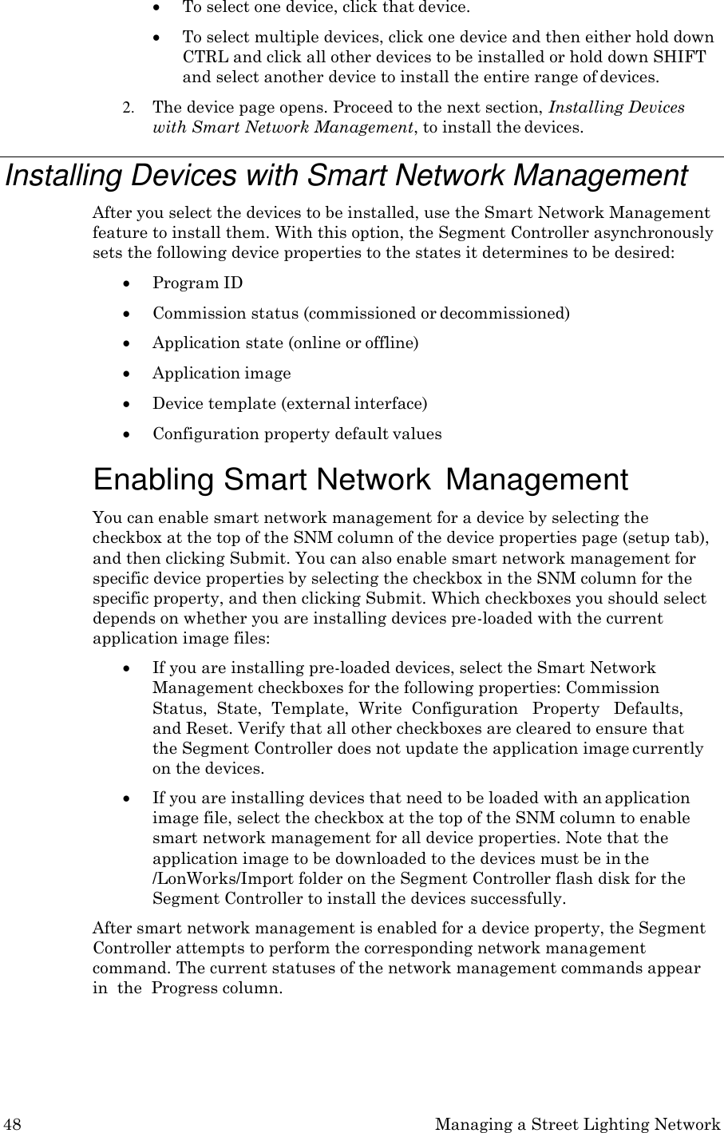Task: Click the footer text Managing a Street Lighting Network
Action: point(578,1124)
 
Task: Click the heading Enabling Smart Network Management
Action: point(360,480)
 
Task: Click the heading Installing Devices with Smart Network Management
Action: point(346,176)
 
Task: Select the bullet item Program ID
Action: point(197,283)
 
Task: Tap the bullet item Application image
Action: point(221,373)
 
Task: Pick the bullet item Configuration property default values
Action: point(296,434)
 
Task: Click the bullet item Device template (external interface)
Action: point(289,403)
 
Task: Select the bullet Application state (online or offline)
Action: point(285,343)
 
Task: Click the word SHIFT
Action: point(684,57)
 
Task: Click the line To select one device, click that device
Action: point(326,8)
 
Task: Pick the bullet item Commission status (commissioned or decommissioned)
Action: point(361,312)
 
